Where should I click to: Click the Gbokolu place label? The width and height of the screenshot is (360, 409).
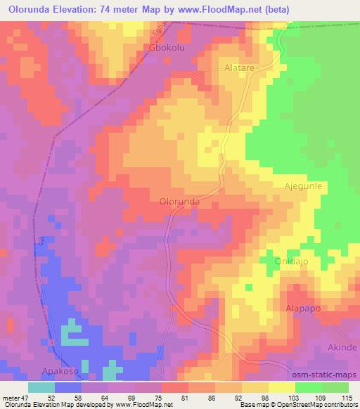coord(167,48)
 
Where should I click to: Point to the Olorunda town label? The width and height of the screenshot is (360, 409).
coord(180,201)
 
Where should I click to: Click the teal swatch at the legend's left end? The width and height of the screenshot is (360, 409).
coord(41,387)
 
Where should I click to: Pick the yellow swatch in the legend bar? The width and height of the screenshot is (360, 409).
coord(281,387)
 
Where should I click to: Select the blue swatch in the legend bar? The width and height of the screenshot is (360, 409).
coord(68,387)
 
